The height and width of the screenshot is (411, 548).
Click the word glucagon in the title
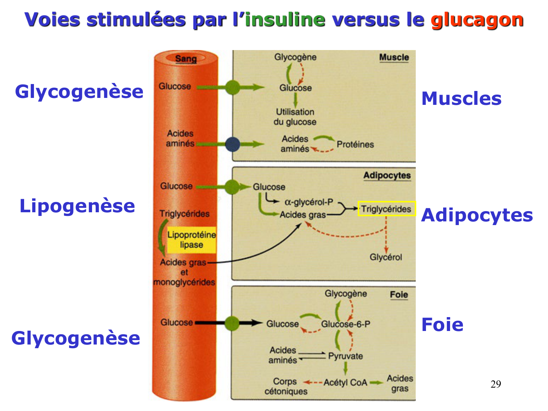click(x=477, y=20)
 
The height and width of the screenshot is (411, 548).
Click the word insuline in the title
click(x=285, y=20)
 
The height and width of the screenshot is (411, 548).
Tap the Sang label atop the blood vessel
click(x=186, y=58)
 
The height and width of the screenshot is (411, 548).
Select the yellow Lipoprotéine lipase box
click(x=191, y=240)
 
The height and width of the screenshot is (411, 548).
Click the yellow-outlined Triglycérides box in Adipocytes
click(x=387, y=209)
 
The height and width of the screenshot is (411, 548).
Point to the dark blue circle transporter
click(x=232, y=144)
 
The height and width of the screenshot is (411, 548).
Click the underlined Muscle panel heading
click(x=394, y=57)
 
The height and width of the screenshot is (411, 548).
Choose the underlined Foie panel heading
click(x=399, y=294)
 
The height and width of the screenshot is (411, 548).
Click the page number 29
click(x=496, y=384)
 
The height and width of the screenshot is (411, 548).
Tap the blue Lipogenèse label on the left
click(x=77, y=206)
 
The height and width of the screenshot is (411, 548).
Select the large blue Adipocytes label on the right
click(x=477, y=215)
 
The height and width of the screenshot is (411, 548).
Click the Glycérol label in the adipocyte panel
click(x=385, y=257)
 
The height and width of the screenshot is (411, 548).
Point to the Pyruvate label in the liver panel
click(x=345, y=356)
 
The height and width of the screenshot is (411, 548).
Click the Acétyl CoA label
click(x=345, y=383)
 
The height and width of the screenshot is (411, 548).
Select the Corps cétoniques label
click(x=286, y=387)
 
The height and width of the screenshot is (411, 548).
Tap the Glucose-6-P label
click(x=346, y=324)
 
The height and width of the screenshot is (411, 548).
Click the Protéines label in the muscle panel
click(x=355, y=144)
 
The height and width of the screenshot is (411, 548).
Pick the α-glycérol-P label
click(x=309, y=202)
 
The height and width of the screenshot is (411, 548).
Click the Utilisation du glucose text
click(x=295, y=117)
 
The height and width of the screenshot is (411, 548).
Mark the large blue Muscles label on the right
click(x=461, y=99)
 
